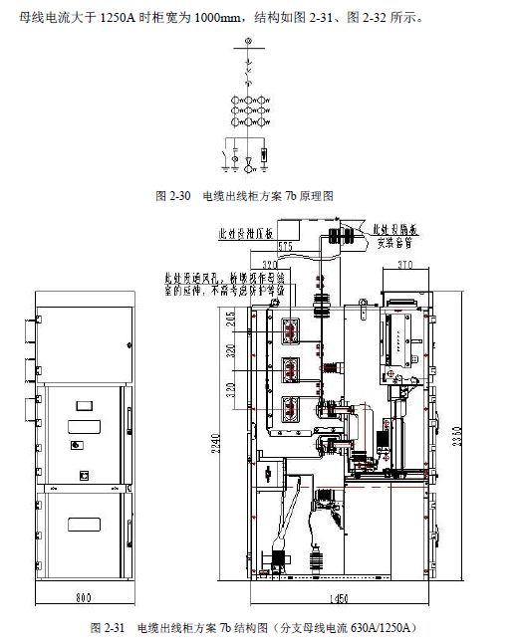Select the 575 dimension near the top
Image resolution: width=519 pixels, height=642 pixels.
tap(285, 245)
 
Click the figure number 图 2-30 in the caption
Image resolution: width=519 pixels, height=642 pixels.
tap(174, 197)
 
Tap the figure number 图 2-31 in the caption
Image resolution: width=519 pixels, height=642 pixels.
tap(107, 628)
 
